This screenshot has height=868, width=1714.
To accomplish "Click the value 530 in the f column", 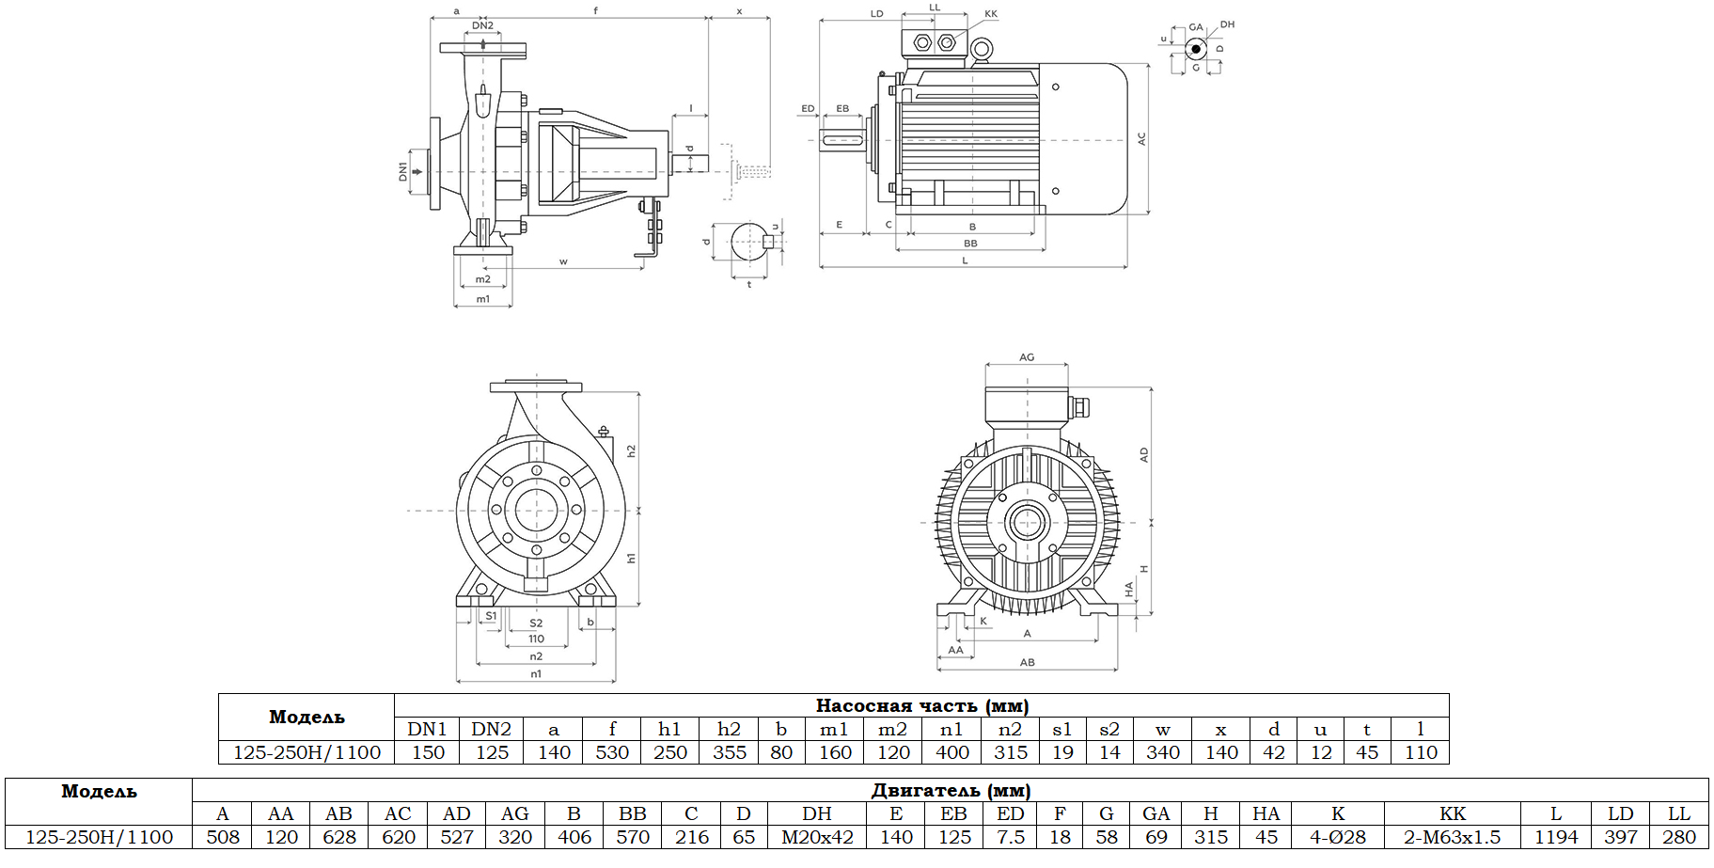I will coord(612,752).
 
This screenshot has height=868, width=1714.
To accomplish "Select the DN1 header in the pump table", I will coord(427,729).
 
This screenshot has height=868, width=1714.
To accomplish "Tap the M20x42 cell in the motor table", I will coord(817,837).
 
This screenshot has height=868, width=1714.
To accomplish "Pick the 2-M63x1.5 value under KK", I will coord(1452,837).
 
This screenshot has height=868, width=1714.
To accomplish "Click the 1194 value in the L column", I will coord(1556,837).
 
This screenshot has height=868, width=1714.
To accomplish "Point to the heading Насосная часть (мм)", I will coord(921,705).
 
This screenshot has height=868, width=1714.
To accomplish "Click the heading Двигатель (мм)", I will coord(951,790).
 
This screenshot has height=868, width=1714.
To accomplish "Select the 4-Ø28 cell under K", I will coord(1337,837).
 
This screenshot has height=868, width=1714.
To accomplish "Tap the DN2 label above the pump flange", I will coord(482,26).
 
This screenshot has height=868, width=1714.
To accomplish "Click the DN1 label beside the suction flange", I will coord(403,171).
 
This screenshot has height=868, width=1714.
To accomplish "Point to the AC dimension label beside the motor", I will coord(1141,138).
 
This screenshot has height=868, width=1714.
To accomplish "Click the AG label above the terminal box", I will coord(1027,357).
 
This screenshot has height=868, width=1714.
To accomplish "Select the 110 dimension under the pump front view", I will coord(536,639).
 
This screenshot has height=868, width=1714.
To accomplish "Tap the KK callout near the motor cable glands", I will coord(991,14).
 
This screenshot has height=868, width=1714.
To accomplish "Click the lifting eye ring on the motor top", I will coord(982,49).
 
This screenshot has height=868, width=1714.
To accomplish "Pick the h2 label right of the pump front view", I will coord(631,451).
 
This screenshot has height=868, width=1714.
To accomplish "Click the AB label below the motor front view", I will coord(1027,662).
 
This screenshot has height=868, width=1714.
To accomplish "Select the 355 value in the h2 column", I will coord(729,752).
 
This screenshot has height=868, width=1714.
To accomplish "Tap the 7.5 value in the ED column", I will coord(1010,837).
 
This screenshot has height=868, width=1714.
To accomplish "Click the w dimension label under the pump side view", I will coord(563,262).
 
